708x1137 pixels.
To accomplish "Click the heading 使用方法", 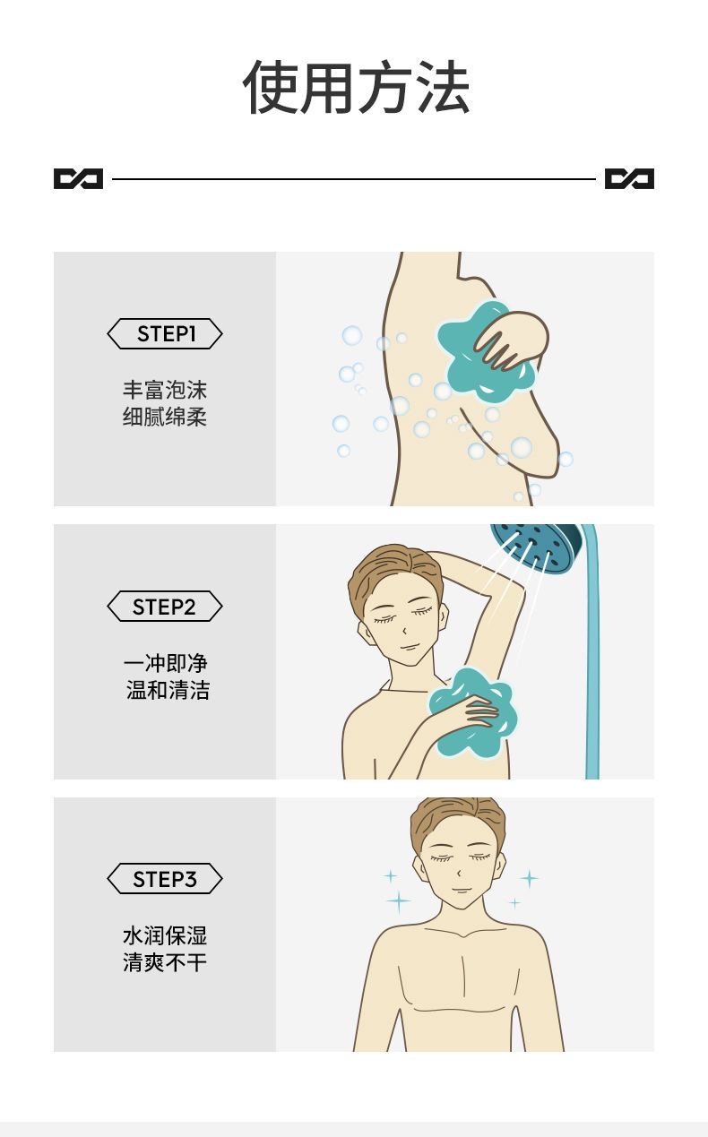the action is point(356,87).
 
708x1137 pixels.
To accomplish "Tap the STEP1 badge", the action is point(165,334).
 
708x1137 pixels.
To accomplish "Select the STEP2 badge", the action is point(165,606).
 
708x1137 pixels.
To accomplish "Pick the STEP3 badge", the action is point(165,879).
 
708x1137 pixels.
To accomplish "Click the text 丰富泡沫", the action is point(165,391).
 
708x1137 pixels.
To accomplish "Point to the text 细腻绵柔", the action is point(165,418).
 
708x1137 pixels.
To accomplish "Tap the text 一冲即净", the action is point(166,663).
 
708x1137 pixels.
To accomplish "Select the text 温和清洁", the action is point(168,690).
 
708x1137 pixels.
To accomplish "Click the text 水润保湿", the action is point(165,935).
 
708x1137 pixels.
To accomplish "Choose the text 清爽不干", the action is point(165,962).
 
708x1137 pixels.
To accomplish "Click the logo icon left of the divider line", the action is point(78,178).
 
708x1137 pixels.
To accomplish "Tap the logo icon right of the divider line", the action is point(629,178).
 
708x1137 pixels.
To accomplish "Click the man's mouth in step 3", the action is point(462,891).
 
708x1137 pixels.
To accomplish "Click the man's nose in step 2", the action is point(404,630).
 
